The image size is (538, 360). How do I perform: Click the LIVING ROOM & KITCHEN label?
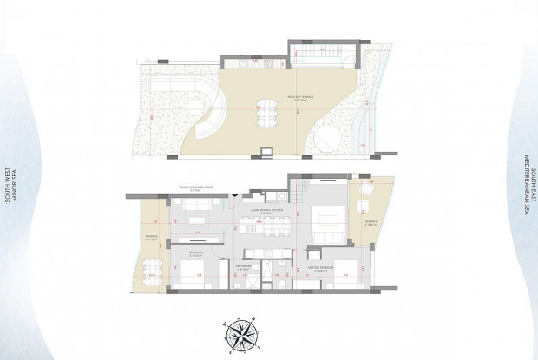[263, 211]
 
